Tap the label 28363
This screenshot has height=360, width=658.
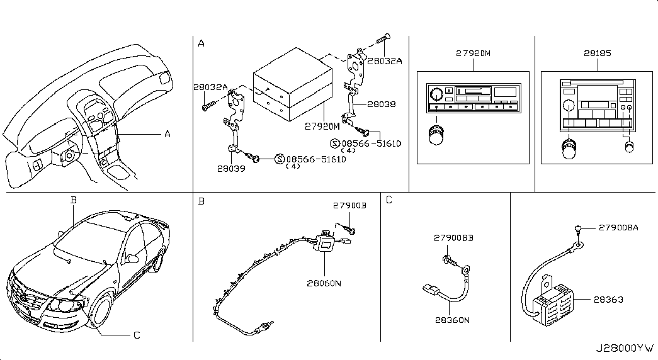[x=608, y=300]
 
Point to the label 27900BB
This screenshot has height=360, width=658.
[x=453, y=238]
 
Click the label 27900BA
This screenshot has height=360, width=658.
[x=618, y=228]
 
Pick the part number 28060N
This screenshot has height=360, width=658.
[x=324, y=283]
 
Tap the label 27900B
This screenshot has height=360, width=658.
[x=349, y=205]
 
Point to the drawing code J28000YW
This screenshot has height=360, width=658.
[x=623, y=347]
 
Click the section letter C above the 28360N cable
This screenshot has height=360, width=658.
[x=389, y=201]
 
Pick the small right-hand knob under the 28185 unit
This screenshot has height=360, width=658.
[x=628, y=147]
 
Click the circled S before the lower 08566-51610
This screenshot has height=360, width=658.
[x=280, y=159]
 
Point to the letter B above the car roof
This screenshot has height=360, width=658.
[x=73, y=200]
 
